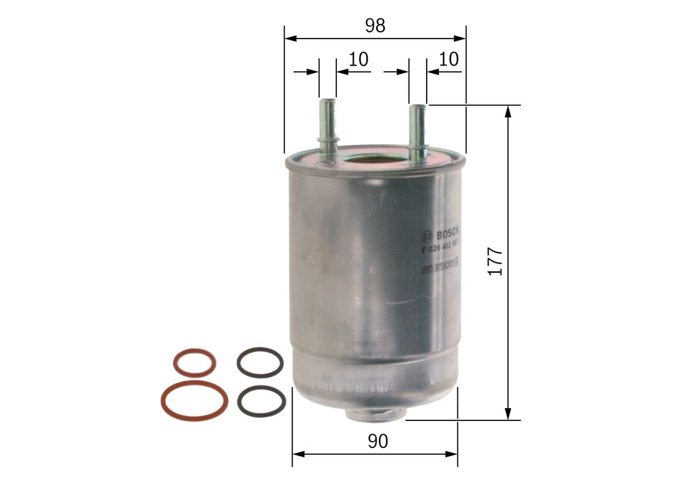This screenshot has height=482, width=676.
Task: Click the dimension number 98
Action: pyautogui.click(x=375, y=25)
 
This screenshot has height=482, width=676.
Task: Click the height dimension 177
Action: pyautogui.click(x=495, y=261)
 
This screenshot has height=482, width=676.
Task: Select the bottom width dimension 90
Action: pyautogui.click(x=378, y=441)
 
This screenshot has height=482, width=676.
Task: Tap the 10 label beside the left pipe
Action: pyautogui.click(x=359, y=59)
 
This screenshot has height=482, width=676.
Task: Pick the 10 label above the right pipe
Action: pyautogui.click(x=448, y=59)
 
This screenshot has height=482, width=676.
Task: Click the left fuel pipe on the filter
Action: pyautogui.click(x=327, y=127)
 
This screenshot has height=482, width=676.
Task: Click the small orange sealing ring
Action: pyautogui.click(x=194, y=363)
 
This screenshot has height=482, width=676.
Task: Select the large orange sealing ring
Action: pyautogui.click(x=194, y=400)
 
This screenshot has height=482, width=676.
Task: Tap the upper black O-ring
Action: pyautogui.click(x=260, y=362)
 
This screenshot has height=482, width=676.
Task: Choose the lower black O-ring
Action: pyautogui.click(x=261, y=401)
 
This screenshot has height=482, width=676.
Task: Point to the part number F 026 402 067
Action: pyautogui.click(x=439, y=247)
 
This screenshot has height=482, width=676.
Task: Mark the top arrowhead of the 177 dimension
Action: pyautogui.click(x=508, y=111)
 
